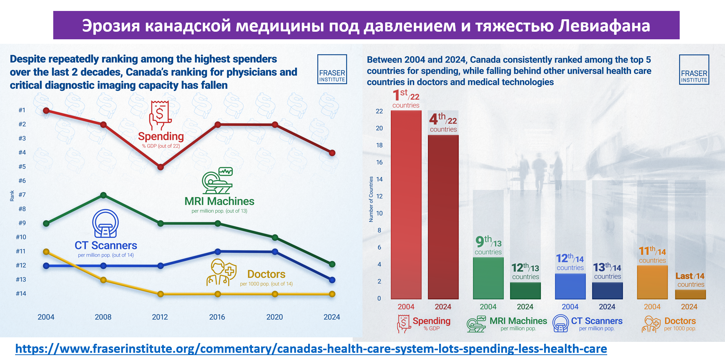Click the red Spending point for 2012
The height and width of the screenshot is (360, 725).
pos(160,167)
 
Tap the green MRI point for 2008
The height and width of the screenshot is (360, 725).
pos(103,195)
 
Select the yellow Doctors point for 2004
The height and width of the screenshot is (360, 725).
pos(46,252)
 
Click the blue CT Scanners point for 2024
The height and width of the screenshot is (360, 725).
pos(332,280)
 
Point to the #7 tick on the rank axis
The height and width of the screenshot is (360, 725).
pos(22,195)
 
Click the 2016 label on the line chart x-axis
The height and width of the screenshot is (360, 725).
pos(217,317)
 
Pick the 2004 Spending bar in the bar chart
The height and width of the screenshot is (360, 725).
pos(406,204)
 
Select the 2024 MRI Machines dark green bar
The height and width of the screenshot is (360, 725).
pos(525,290)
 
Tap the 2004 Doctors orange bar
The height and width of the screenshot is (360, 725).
pos(652,282)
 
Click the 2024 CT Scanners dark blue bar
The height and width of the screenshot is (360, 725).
pos(607,290)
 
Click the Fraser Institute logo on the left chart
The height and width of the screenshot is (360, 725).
pos(332,69)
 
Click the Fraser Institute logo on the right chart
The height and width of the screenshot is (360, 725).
pos(694,70)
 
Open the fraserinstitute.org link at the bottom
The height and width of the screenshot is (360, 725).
pos(311,349)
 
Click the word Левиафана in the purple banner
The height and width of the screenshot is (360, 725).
pos(604,26)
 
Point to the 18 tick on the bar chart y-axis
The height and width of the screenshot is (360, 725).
pos(379,145)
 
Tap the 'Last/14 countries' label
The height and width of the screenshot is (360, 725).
pos(690,280)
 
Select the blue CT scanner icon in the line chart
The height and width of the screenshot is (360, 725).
pos(106,223)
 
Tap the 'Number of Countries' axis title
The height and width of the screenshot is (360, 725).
pos(371,199)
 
